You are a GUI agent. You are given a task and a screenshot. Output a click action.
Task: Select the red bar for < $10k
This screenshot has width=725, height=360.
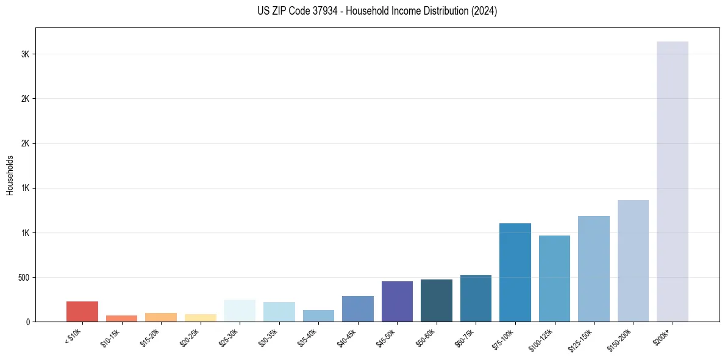[x=82, y=311]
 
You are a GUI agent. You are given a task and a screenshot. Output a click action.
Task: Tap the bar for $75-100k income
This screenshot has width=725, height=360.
[x=515, y=272]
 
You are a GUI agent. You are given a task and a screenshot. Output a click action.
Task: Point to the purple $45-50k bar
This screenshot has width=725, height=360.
[x=397, y=301]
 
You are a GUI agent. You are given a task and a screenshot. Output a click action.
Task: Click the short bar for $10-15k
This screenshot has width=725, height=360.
[x=121, y=319]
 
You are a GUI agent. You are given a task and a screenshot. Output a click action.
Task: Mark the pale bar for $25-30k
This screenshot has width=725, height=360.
[x=240, y=311]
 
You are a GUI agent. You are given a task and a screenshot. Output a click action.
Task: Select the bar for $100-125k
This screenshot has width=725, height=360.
[x=554, y=278]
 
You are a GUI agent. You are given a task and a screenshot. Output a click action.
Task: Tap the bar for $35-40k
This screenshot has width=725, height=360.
[x=318, y=315]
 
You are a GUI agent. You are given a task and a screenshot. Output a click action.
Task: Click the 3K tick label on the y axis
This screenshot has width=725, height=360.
[x=25, y=54]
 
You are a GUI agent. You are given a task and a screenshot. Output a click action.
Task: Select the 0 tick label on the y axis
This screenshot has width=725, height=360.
[x=27, y=322]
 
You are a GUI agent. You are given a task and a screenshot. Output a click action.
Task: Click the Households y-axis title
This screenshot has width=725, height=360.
[x=10, y=175]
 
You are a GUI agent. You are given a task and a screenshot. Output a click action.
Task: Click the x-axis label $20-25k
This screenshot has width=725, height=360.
[x=190, y=337]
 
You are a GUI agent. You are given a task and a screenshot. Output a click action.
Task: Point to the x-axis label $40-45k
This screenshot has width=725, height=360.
[x=348, y=337]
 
